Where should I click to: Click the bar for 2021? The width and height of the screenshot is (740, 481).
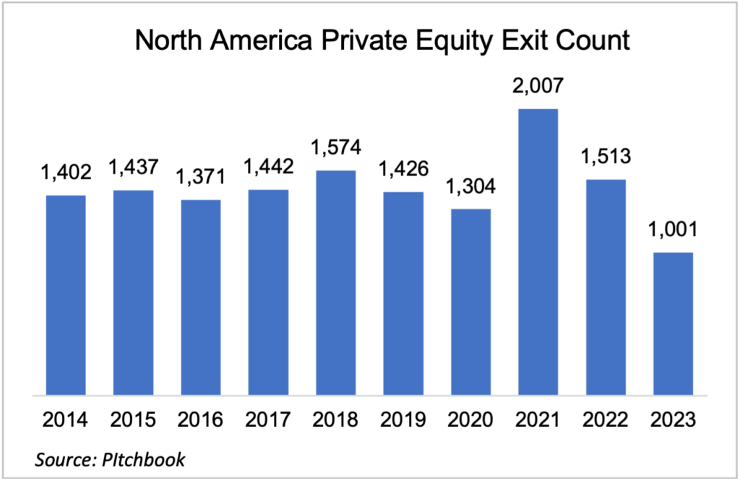click(538, 252)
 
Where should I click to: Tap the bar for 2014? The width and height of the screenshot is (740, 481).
click(66, 295)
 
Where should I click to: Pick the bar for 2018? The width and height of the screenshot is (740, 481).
click(335, 283)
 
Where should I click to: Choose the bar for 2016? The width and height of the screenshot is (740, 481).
click(201, 298)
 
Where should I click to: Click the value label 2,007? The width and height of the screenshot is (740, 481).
click(538, 90)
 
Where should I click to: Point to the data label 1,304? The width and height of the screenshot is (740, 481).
click(470, 186)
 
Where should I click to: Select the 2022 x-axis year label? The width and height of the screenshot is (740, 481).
click(606, 420)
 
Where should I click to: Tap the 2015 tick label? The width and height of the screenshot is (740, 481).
click(133, 420)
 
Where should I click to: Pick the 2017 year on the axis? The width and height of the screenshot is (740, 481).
click(268, 420)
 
